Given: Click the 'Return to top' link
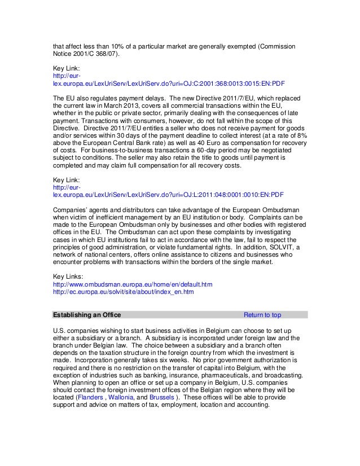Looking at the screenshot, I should click(262, 314).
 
